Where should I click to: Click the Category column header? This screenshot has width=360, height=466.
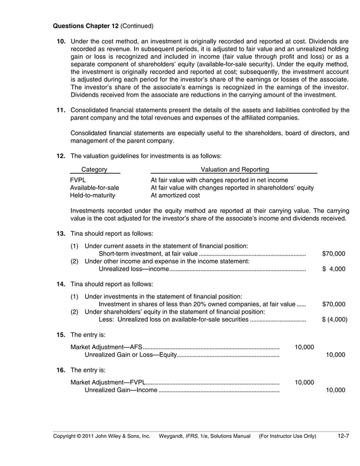click(94, 169)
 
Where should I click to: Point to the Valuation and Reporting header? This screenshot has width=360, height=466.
click(234, 169)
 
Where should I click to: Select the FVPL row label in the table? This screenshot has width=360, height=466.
click(78, 180)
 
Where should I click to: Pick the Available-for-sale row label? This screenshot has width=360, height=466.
click(94, 188)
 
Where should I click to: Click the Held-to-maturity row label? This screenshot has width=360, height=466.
click(92, 196)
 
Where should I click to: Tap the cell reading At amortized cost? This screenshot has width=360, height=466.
click(175, 196)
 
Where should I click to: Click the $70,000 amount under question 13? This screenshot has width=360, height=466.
click(333, 254)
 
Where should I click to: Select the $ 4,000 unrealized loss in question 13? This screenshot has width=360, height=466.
click(333, 269)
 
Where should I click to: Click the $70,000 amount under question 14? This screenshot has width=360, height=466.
click(333, 304)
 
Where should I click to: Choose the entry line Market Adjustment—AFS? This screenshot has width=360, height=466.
click(106, 347)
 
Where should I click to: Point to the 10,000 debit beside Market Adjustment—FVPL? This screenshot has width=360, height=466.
click(305, 382)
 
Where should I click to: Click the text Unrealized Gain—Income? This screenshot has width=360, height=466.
click(121, 390)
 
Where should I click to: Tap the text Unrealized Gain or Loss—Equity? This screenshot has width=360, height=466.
click(130, 355)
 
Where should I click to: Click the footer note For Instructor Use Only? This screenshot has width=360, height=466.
click(287, 436)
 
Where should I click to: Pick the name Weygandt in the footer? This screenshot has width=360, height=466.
click(172, 436)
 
